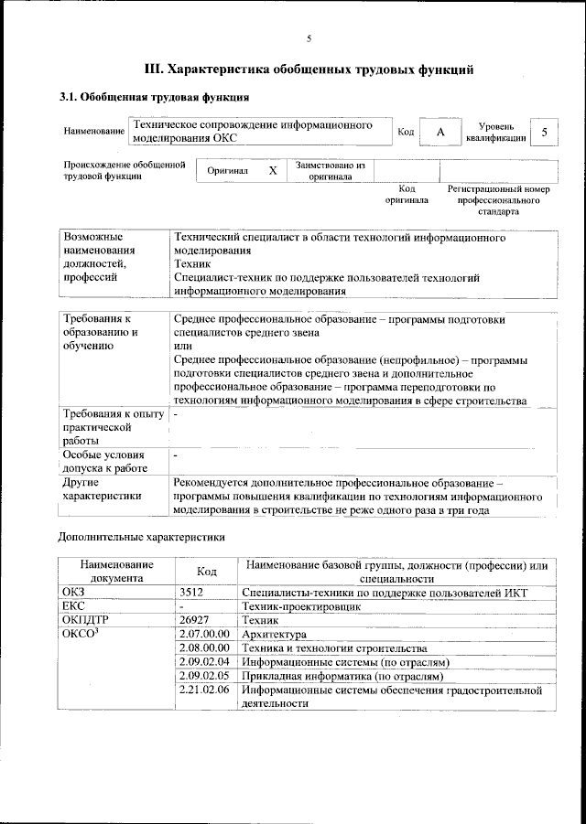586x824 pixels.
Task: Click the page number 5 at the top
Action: pyautogui.click(x=309, y=37)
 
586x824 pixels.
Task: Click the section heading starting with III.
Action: pyautogui.click(x=309, y=69)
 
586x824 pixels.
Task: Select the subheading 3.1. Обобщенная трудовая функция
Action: pyautogui.click(x=154, y=97)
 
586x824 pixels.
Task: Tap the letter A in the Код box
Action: pyautogui.click(x=440, y=133)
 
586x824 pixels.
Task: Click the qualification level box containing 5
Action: pyautogui.click(x=545, y=133)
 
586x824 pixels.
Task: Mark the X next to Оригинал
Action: pyautogui.click(x=272, y=171)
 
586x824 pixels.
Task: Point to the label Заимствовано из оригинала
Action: pyautogui.click(x=331, y=171)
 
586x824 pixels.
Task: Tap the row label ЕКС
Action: pyautogui.click(x=73, y=606)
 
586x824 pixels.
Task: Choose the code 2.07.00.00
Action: pyautogui.click(x=205, y=634)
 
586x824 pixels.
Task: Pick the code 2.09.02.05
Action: pyautogui.click(x=205, y=676)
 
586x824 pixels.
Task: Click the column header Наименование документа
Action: pyautogui.click(x=115, y=572)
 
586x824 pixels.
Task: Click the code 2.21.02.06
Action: pyautogui.click(x=205, y=690)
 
